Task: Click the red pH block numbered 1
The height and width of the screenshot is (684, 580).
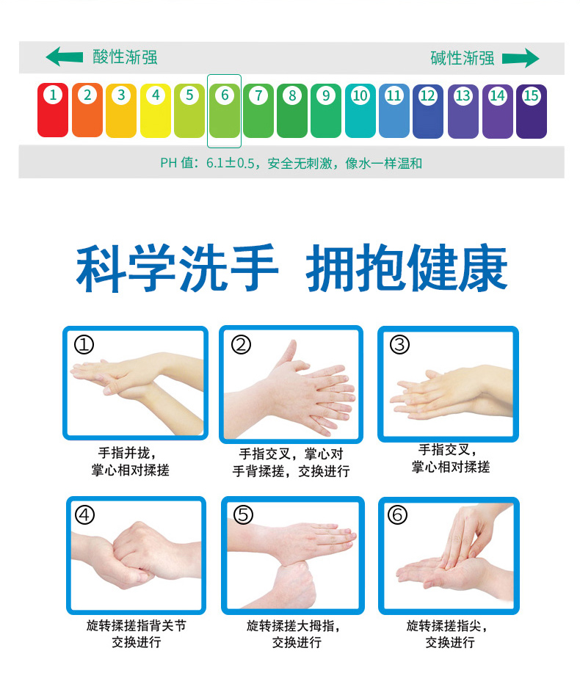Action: point(53,110)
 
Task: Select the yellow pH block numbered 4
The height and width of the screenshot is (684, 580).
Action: point(156,110)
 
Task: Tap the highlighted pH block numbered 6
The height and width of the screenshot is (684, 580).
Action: point(225,111)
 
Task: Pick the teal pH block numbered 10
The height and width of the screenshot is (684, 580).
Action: point(360,111)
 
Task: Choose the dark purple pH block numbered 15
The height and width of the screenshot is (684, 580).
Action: point(531,112)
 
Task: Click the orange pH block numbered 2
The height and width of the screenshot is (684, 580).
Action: point(87,110)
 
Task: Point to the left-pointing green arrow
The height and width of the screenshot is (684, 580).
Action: point(64,57)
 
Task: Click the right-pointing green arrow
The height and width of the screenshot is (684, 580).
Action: point(521,58)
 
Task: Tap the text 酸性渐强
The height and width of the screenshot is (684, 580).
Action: point(125,57)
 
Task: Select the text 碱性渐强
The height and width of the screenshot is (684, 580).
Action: point(463,58)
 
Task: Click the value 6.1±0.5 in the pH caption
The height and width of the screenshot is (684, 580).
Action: point(230,163)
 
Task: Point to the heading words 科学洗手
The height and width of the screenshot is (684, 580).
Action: point(177,268)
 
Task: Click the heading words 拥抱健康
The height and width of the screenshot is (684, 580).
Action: point(407,268)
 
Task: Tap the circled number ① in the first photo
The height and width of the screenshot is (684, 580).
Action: point(84,345)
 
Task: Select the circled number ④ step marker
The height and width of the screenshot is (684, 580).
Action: point(84,514)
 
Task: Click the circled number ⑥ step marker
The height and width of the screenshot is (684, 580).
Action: point(398,514)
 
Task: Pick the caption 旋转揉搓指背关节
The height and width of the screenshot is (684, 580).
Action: point(136,625)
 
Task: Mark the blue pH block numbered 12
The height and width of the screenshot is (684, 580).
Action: point(428,112)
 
